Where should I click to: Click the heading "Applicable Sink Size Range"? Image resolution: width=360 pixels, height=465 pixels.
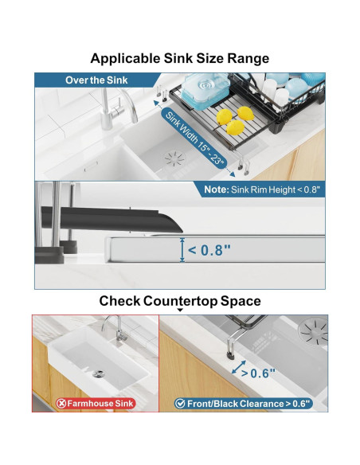click(180, 58)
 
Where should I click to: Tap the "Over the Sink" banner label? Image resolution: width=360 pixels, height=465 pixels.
click(96, 80)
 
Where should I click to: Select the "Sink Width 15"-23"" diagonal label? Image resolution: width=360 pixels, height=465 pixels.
click(194, 139)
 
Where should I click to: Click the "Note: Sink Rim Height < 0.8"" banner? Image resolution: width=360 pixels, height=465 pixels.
click(262, 190)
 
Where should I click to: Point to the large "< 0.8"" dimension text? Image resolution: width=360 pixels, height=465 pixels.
click(209, 250)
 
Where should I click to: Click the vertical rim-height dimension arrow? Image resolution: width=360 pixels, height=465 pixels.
click(182, 250)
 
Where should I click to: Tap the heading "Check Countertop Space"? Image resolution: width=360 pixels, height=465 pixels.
click(180, 301)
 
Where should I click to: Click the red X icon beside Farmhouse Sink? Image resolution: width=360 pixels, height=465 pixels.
click(61, 404)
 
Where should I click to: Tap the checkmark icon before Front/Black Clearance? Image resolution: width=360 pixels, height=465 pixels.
click(180, 404)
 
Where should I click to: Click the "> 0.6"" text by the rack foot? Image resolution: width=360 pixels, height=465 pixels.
click(258, 373)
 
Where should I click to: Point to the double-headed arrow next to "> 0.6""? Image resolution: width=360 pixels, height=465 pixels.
click(239, 367)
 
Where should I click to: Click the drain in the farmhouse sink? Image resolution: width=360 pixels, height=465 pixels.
click(98, 374)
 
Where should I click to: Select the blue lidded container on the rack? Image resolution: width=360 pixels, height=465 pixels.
click(205, 88)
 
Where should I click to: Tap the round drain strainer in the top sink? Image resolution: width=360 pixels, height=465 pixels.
click(175, 158)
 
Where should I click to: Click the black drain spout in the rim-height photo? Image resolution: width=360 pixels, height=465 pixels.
click(112, 219)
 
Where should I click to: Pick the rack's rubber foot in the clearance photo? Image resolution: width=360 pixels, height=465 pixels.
click(230, 354)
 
